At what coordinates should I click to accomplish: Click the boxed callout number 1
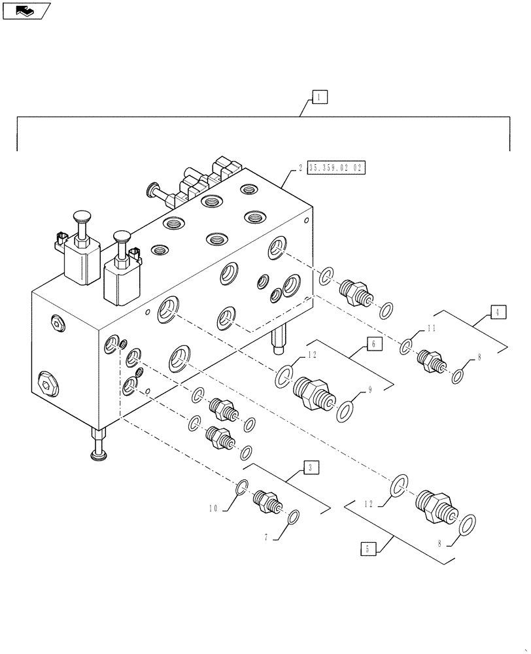318,97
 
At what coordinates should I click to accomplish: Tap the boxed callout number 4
497,312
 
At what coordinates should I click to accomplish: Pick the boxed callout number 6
372,344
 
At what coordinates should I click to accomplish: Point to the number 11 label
431,328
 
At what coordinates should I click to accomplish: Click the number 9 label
369,390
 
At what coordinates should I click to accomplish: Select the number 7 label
267,538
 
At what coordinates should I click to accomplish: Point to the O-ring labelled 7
294,517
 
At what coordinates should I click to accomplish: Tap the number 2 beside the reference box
300,168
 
